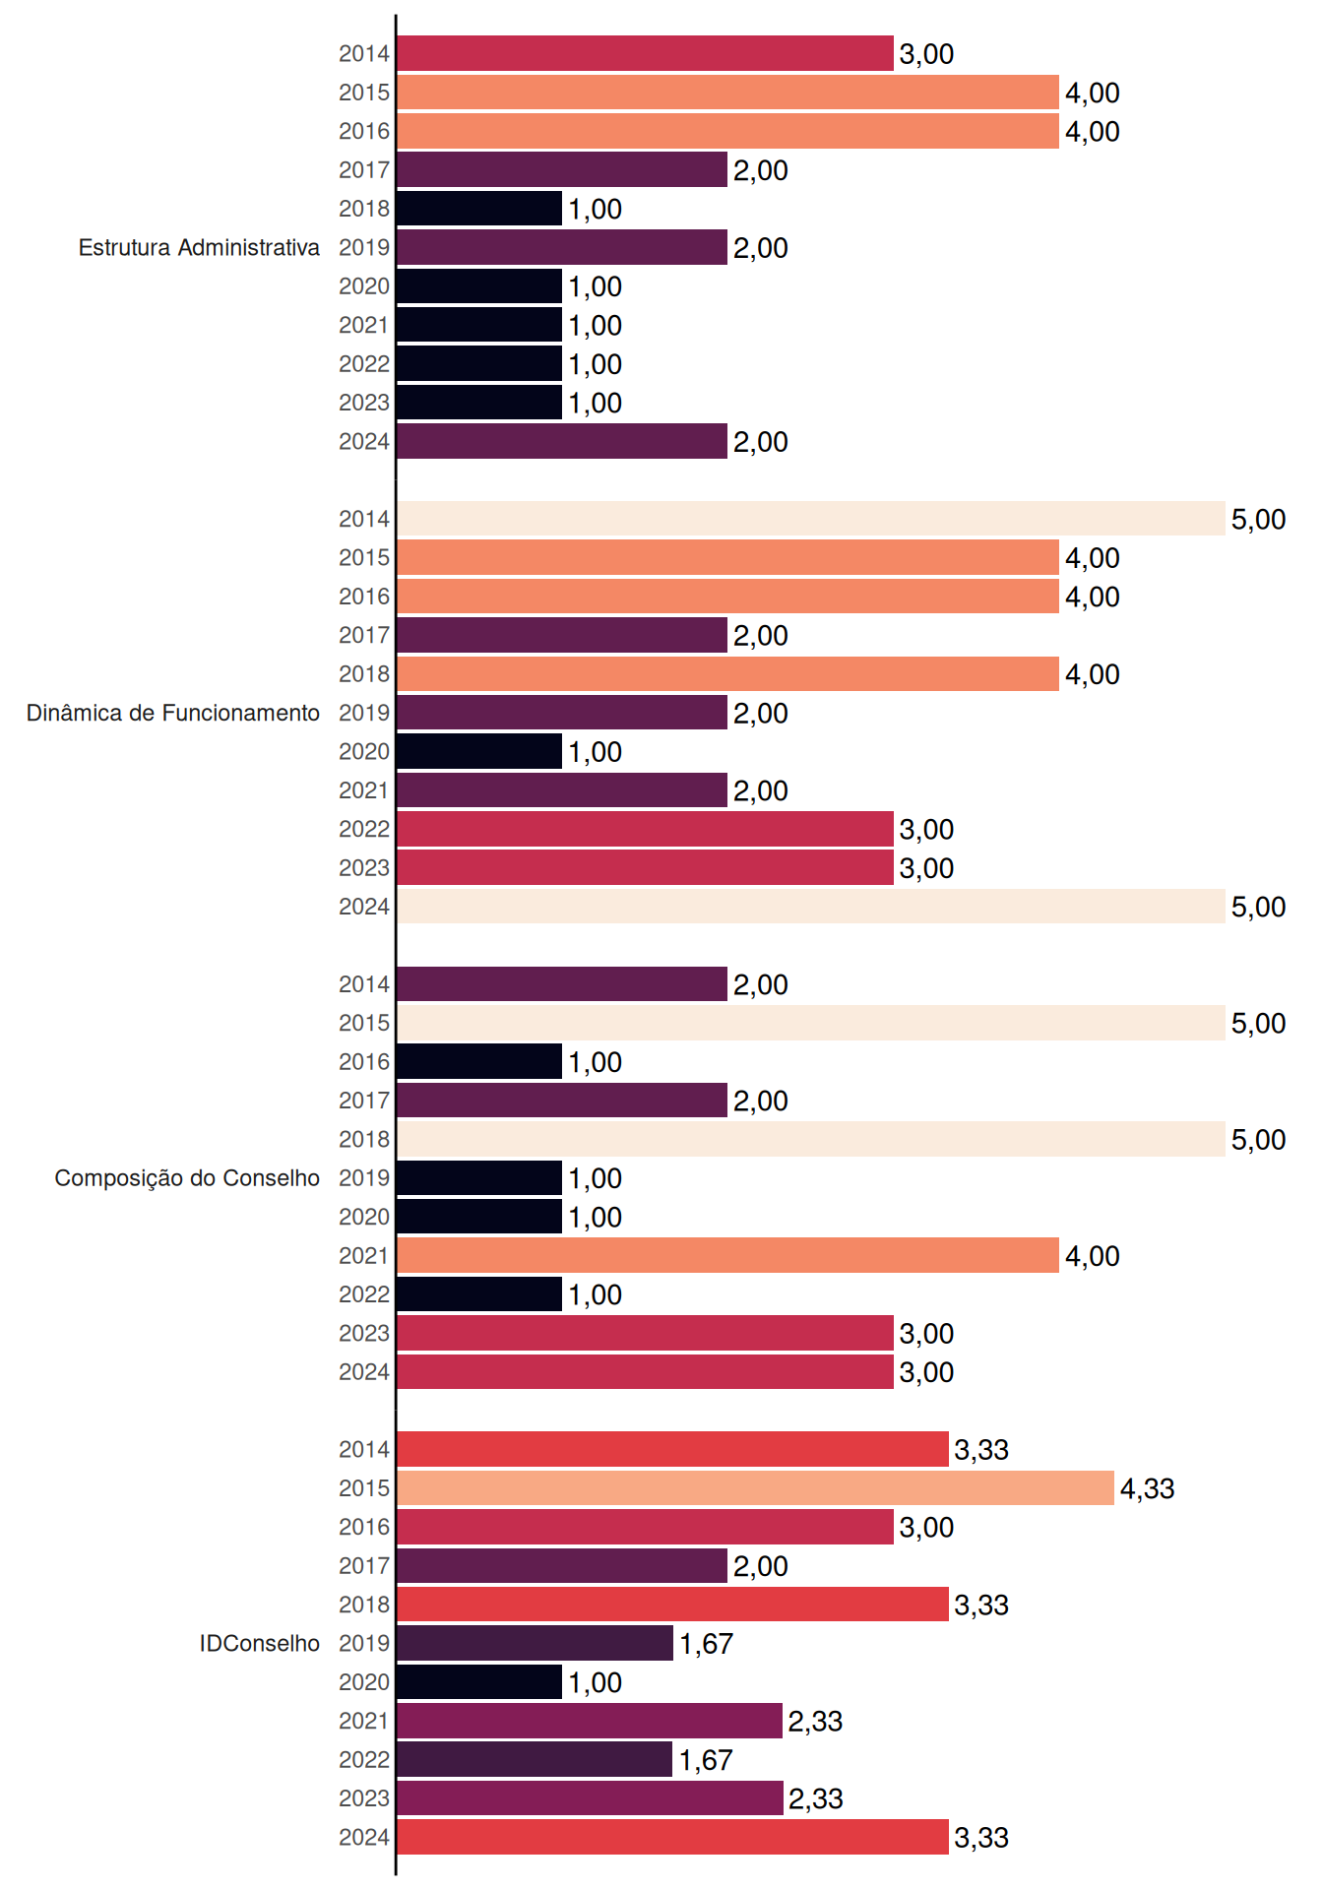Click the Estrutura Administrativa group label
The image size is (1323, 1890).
[x=199, y=247]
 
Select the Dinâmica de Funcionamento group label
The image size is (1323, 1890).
[x=173, y=713]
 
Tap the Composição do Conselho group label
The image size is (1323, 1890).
[x=187, y=1178]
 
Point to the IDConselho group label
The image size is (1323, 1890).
[x=260, y=1643]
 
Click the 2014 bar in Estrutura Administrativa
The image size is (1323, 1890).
[x=645, y=53]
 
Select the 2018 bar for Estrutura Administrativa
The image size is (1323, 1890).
[x=479, y=209]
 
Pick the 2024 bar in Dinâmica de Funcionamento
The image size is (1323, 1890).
[x=811, y=907]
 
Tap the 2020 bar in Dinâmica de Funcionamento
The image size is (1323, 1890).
[x=479, y=751]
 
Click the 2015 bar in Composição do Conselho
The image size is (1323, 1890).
[x=811, y=1023]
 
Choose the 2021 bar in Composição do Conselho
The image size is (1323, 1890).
[x=727, y=1255]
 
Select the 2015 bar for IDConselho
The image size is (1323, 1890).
[x=755, y=1488]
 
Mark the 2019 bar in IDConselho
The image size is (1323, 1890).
[x=535, y=1643]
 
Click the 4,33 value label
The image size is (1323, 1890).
[x=1147, y=1488]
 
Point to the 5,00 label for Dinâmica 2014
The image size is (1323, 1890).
[x=1258, y=519]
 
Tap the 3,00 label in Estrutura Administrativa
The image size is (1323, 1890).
[x=926, y=54]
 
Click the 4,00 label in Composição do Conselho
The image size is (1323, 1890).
[x=1092, y=1256]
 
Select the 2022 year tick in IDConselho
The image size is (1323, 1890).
[x=364, y=1759]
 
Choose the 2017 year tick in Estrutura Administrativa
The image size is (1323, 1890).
[x=364, y=170]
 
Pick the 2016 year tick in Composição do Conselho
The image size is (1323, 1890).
[x=364, y=1062]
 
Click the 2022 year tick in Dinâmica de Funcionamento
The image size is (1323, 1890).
[x=364, y=829]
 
